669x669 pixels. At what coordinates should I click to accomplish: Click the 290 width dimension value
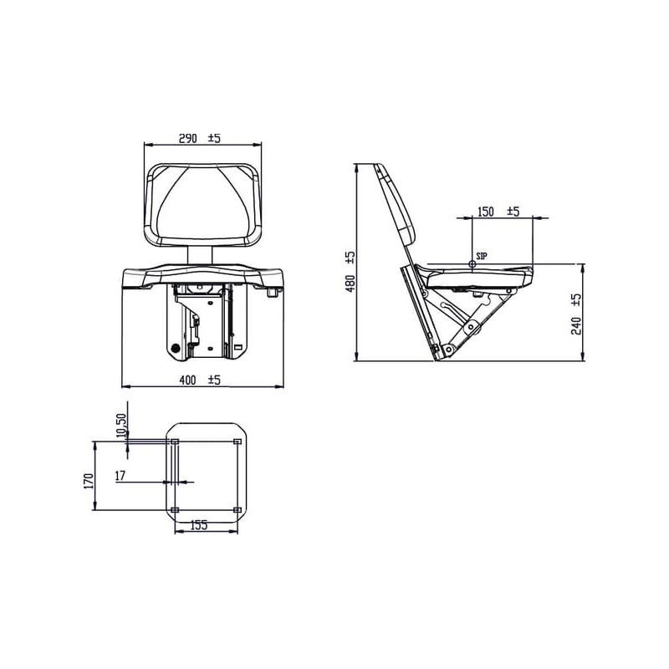pos(187,139)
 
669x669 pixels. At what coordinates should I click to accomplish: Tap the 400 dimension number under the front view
pos(187,380)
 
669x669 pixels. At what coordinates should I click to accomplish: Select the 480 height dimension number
pos(350,283)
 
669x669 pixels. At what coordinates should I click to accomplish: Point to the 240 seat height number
pos(576,326)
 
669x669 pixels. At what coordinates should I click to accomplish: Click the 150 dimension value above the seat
pos(486,212)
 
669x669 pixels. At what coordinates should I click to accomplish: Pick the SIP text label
pos(482,257)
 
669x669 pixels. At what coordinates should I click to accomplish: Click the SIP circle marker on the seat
pos(472,264)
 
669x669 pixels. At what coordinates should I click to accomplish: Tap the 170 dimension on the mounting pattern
pos(89,481)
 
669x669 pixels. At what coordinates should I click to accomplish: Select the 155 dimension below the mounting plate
pos(199,525)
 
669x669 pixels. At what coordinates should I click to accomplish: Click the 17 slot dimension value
pos(120,475)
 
